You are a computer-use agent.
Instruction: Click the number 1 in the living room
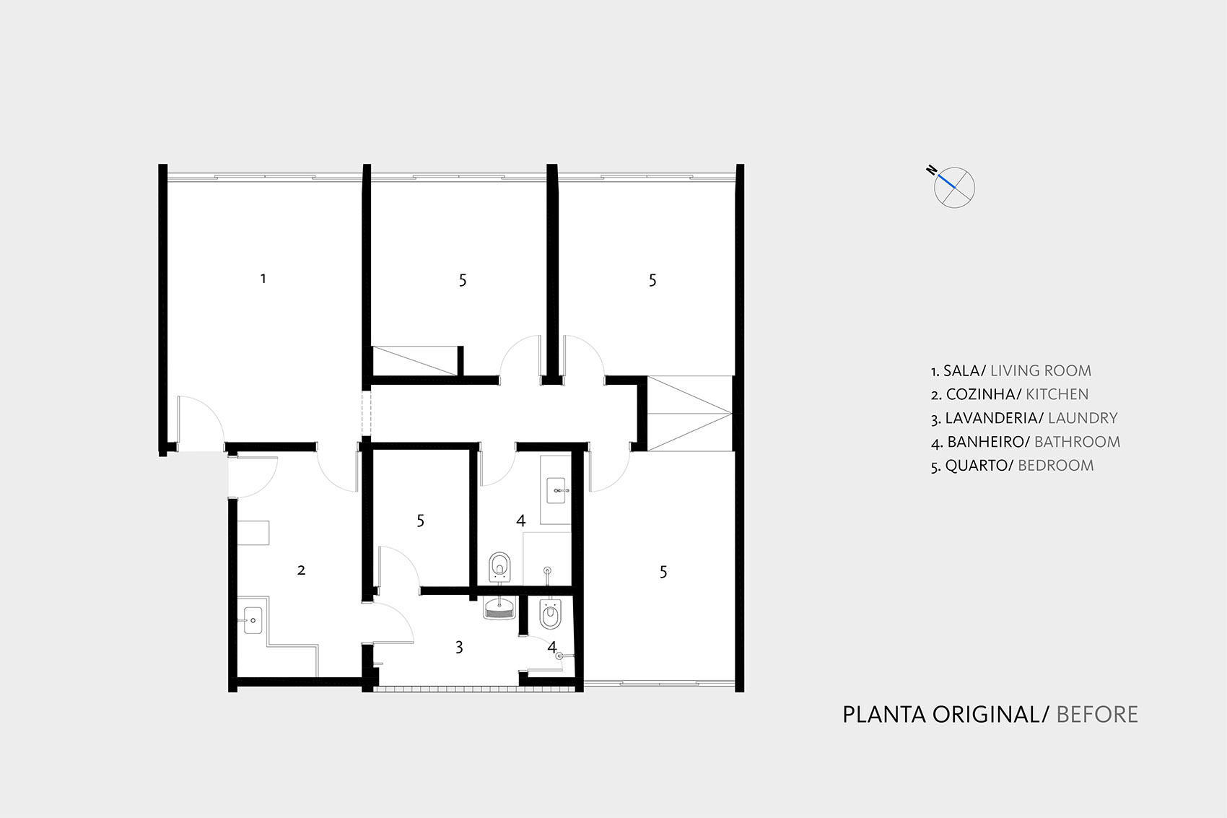pos(263,279)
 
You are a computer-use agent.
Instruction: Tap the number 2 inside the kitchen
pos(301,570)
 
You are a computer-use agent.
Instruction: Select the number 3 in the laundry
pos(459,648)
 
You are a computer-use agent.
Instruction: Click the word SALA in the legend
pos(961,371)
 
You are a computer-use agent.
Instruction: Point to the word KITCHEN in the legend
pos(1057,394)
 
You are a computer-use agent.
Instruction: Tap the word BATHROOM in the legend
pos(1078,442)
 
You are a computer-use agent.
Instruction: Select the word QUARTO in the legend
pos(976,466)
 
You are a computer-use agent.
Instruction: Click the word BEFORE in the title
pos(1097,715)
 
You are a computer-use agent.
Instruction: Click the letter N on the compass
pos(931,170)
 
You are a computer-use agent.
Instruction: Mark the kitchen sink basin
pos(253,620)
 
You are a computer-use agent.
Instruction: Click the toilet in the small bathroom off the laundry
pos(551,614)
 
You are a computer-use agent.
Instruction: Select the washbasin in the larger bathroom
pos(556,490)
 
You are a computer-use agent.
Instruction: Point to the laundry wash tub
pos(499,608)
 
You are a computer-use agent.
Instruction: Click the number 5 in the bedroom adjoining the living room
pos(463,281)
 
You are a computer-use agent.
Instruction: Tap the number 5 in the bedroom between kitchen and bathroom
pos(421,521)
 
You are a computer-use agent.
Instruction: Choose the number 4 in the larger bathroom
pos(521,521)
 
